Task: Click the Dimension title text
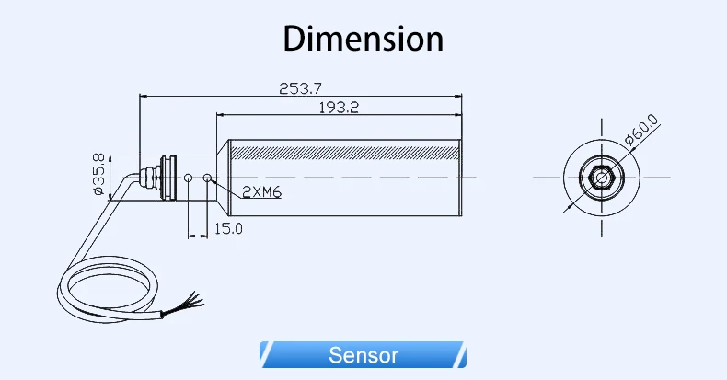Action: click(363, 39)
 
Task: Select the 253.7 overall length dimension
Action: click(300, 88)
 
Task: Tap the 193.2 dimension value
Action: click(338, 108)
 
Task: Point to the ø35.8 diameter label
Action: click(98, 174)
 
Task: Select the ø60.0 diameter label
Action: click(641, 131)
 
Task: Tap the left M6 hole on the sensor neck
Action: click(189, 177)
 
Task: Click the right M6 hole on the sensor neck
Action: click(208, 177)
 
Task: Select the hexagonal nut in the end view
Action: click(600, 176)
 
